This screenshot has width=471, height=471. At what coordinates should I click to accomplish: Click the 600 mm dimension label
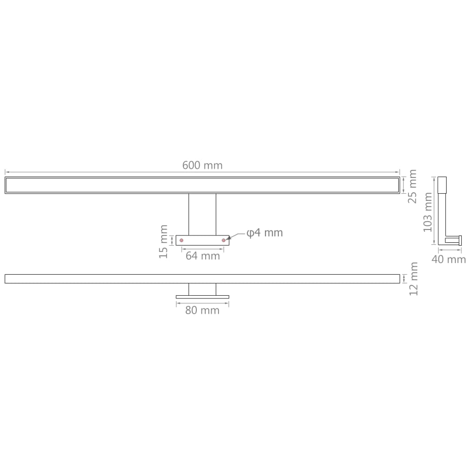(202, 166)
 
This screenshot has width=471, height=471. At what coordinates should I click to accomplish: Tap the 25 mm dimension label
(413, 186)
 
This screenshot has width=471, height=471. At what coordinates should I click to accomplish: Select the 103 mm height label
(427, 212)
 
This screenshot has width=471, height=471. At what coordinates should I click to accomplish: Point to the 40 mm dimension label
(448, 259)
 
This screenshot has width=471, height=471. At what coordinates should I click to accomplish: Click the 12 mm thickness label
(414, 279)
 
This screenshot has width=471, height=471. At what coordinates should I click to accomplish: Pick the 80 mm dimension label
(202, 310)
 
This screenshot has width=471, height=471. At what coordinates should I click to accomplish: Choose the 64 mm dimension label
(203, 256)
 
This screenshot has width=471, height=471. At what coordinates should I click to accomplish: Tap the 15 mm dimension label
(163, 241)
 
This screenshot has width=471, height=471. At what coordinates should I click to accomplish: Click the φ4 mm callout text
(264, 233)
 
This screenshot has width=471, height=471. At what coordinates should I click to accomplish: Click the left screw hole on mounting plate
(181, 240)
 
